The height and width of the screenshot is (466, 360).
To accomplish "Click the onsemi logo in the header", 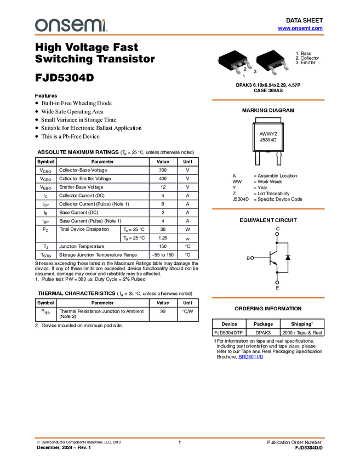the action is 71,25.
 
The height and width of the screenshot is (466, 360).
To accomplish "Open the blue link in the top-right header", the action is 300,29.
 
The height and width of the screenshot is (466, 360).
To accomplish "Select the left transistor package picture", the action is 234,62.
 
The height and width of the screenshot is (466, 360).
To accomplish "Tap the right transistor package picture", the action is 272,62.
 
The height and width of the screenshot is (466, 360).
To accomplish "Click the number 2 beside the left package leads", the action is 245,69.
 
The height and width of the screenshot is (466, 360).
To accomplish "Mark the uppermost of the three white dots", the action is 277,234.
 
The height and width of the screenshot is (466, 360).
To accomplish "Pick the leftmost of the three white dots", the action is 252,258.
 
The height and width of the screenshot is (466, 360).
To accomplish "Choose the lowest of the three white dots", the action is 277,282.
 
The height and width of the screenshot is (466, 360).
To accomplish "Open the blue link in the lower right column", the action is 251,357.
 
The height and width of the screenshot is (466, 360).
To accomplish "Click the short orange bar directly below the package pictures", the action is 268,100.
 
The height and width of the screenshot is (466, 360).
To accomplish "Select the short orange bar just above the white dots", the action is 268,209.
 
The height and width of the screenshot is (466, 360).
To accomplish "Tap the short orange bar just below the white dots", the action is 268,298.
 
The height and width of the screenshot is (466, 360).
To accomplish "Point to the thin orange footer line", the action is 180,437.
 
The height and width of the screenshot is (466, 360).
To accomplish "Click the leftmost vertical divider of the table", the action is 56,213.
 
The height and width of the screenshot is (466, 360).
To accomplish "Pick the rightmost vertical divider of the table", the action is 176,213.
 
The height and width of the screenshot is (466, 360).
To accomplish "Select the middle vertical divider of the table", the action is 149,213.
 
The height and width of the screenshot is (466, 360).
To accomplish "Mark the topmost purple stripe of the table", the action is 116,174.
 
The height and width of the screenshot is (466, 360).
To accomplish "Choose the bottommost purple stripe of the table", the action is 116,251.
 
